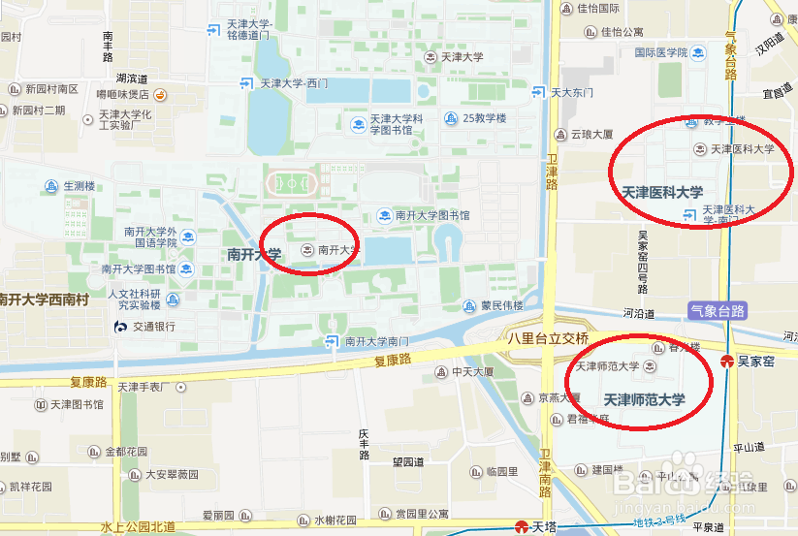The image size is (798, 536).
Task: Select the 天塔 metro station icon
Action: tap(522, 527)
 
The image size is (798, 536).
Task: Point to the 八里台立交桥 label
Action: tap(548, 339)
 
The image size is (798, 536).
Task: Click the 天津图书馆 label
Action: tap(77, 404)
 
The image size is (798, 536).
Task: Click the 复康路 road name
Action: tap(393, 359)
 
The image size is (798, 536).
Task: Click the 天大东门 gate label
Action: tap(571, 93)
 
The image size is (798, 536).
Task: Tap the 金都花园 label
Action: tap(125, 452)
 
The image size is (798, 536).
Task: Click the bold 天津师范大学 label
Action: tap(644, 399)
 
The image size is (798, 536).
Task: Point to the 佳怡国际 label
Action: tap(598, 8)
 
